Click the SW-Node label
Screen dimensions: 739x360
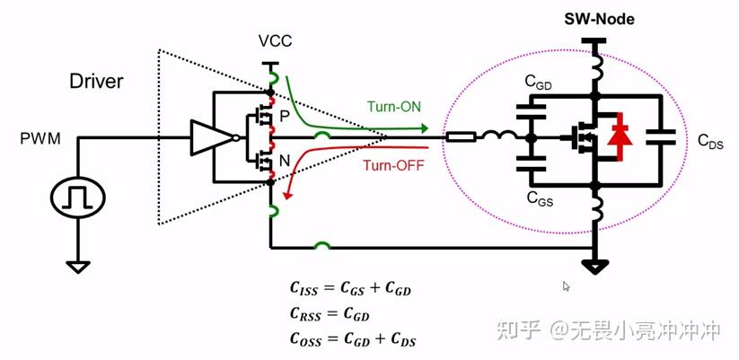599,20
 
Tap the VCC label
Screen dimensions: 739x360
275,41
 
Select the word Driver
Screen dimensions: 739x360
96,81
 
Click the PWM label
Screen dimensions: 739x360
40,139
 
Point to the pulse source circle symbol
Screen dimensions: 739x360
78,198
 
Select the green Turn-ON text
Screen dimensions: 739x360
394,107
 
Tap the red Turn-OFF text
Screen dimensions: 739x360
393,165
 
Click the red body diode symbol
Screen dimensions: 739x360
619,137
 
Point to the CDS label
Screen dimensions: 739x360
710,141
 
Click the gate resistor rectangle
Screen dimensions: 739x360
461,137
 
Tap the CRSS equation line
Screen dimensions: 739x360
329,314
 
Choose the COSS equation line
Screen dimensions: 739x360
352,339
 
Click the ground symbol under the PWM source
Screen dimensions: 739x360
78,267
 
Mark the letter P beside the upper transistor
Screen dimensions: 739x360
284,117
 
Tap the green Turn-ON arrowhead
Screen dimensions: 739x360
424,127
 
